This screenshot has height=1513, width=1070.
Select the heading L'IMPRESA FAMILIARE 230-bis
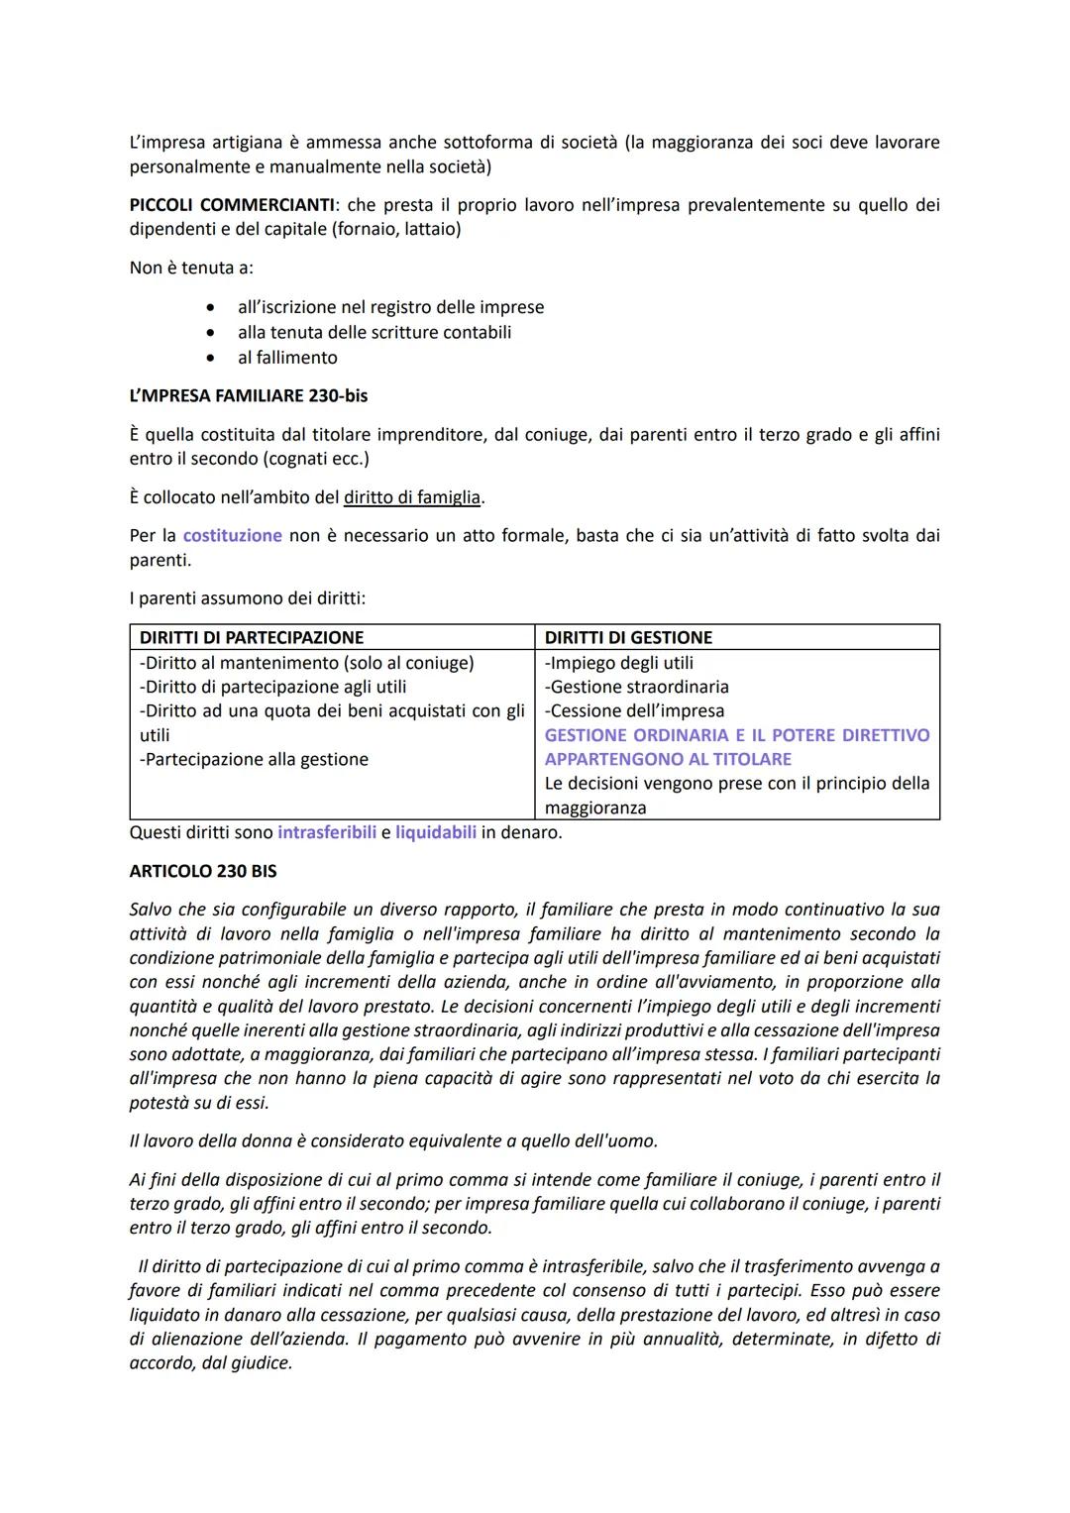(248, 396)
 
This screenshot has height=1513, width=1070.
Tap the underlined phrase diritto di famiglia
(411, 497)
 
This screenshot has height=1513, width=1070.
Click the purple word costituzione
(233, 536)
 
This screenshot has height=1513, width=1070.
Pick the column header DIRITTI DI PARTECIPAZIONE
(252, 638)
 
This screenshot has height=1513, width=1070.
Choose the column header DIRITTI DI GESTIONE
(628, 638)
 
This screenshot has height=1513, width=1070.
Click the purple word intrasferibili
(327, 833)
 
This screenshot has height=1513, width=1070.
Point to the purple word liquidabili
(435, 833)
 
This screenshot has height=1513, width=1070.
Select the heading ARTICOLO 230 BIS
(203, 872)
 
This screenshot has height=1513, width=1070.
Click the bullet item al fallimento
(287, 358)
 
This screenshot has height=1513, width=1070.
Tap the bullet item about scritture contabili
(374, 333)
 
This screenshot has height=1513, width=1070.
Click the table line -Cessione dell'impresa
(634, 711)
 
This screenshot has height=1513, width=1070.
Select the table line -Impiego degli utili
(619, 663)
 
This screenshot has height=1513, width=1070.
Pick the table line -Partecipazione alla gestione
(254, 760)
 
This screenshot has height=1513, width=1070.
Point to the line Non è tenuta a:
(191, 269)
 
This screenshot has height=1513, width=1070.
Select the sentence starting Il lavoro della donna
(393, 1141)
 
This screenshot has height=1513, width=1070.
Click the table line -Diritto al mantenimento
(306, 663)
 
